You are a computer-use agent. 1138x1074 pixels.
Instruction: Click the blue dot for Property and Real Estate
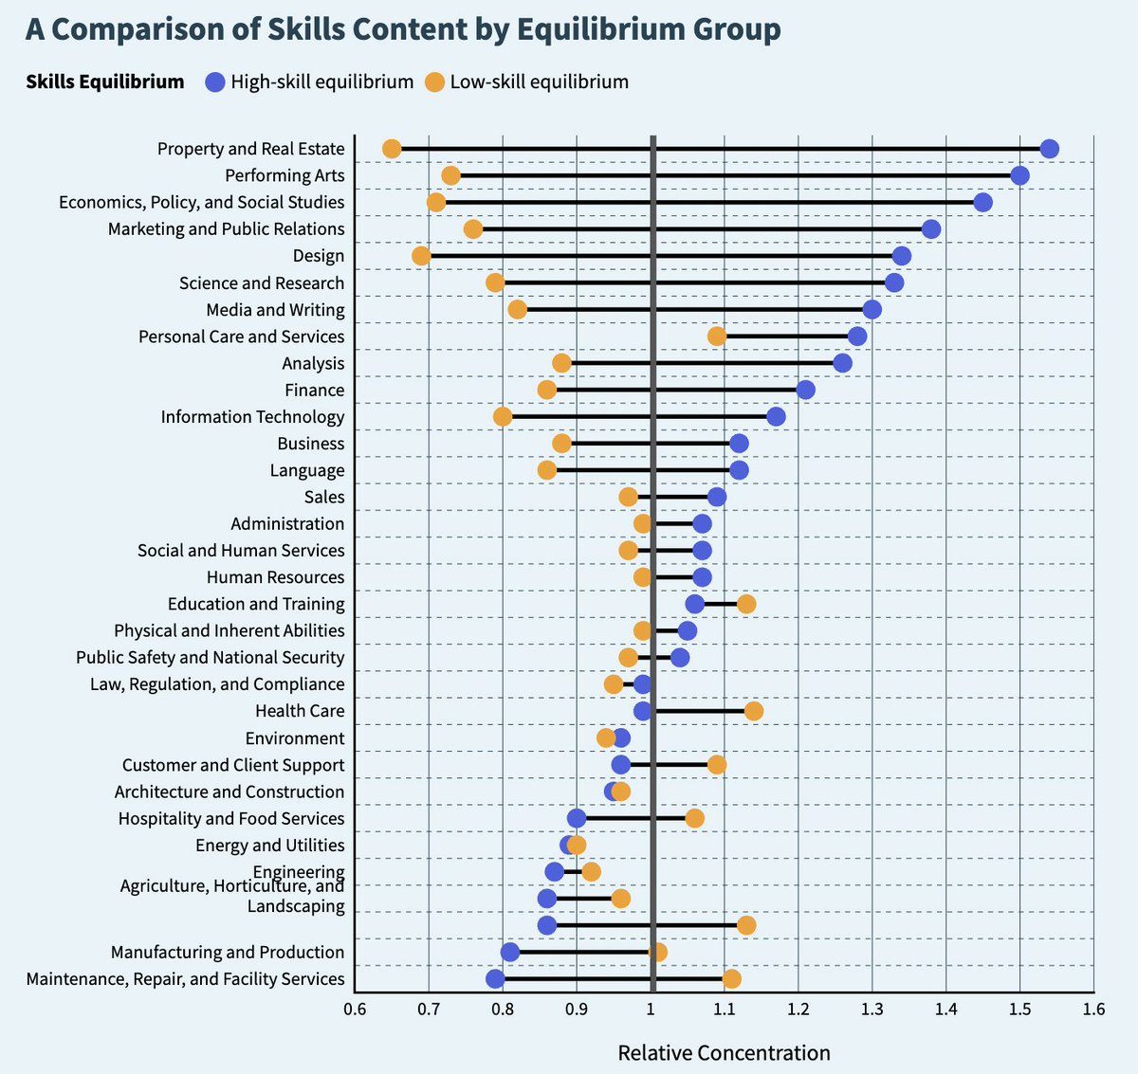1049,149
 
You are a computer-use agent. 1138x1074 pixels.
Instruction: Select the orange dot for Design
421,256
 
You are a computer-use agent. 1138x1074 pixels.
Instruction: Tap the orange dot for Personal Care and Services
717,337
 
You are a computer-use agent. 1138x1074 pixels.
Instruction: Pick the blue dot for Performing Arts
1019,175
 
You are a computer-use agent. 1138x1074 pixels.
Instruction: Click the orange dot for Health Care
754,711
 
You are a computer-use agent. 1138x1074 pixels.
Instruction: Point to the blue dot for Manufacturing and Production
510,952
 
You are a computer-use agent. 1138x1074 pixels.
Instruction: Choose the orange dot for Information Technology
503,417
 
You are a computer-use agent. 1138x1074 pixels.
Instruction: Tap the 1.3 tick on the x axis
872,1009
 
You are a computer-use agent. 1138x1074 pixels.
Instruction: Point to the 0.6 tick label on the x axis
355,1009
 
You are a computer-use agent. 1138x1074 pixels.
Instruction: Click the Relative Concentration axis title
724,1053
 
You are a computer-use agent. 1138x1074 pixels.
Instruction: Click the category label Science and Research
262,283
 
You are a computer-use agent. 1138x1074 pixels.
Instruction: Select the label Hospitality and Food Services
231,818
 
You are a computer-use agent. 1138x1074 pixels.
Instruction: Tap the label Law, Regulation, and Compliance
217,684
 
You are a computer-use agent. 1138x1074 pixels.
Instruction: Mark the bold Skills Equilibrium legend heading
105,82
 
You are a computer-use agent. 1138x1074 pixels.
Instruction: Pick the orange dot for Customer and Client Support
717,765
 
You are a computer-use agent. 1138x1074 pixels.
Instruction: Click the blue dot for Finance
805,390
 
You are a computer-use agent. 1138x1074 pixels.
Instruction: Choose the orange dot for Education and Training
746,604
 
